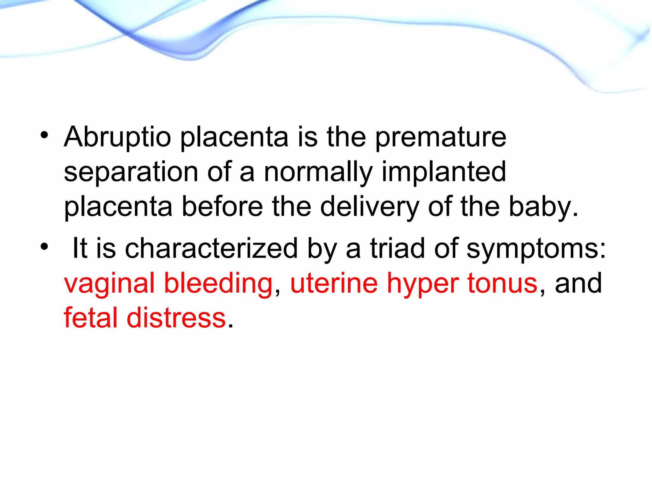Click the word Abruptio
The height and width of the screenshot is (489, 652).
pyautogui.click(x=117, y=138)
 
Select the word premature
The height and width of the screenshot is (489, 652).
pyautogui.click(x=441, y=138)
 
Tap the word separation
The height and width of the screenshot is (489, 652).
pyautogui.click(x=131, y=172)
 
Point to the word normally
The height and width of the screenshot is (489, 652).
pyautogui.click(x=318, y=172)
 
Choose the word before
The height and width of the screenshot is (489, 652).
pyautogui.click(x=222, y=207)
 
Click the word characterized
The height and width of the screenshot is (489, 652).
pyautogui.click(x=211, y=249)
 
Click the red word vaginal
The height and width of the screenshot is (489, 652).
pyautogui.click(x=109, y=284)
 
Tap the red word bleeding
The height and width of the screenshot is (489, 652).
pyautogui.click(x=218, y=284)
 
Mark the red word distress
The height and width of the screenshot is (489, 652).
pyautogui.click(x=176, y=318)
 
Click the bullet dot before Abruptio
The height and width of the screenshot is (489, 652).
pyautogui.click(x=44, y=135)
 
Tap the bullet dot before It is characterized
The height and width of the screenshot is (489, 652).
pyautogui.click(x=44, y=246)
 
